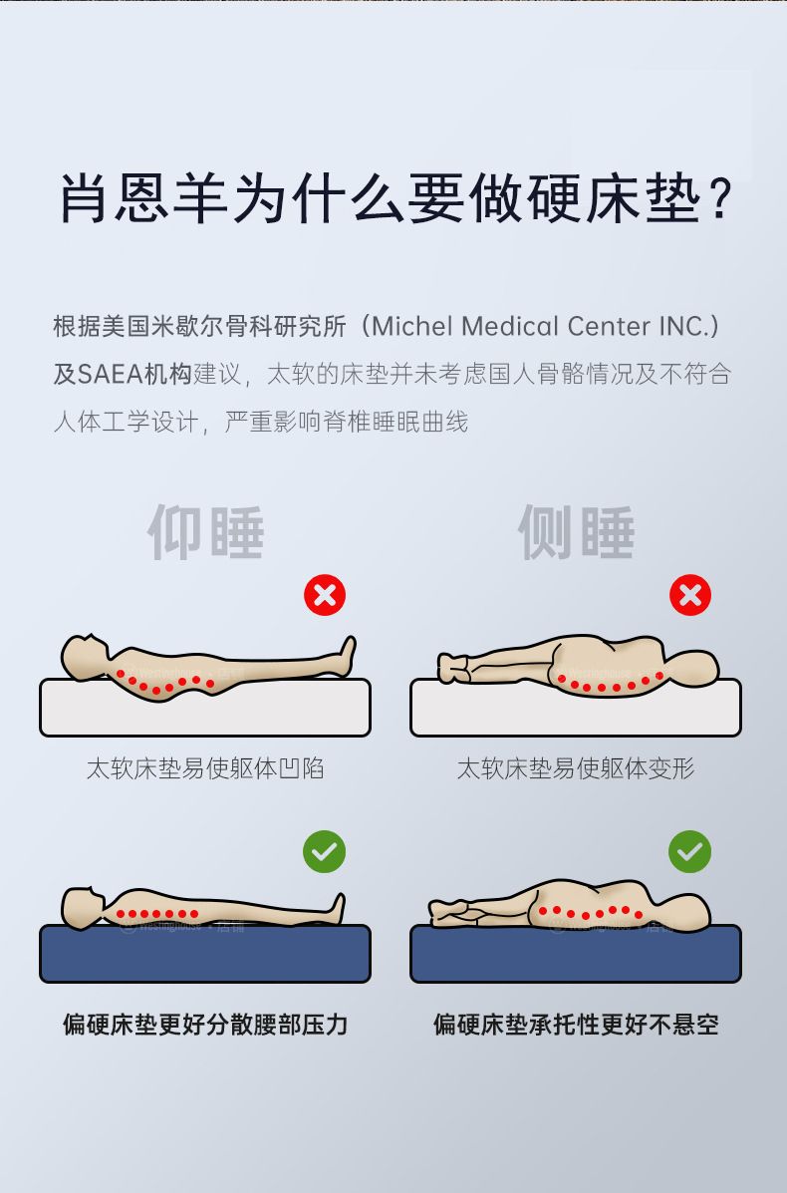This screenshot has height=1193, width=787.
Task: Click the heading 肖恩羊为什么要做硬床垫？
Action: click(395, 199)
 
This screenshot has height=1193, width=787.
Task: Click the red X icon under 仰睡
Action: click(325, 595)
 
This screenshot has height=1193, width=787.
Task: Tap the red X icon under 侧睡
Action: click(689, 595)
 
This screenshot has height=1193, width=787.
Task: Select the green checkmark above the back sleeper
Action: click(325, 851)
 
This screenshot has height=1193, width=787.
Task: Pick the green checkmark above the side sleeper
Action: click(689, 851)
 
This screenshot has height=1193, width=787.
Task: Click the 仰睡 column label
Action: click(206, 532)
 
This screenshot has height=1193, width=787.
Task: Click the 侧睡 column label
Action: click(577, 532)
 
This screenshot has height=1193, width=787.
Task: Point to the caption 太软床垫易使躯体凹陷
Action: click(205, 768)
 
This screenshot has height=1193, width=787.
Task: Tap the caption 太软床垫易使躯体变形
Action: click(576, 768)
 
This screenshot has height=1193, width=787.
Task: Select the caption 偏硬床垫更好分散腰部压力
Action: click(205, 1025)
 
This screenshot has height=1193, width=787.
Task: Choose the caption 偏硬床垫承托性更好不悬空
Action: click(576, 1025)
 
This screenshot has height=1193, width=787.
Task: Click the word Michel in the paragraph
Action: click(412, 326)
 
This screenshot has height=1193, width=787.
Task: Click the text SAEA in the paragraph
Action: click(111, 375)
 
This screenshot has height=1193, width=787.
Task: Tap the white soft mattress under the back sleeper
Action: click(205, 708)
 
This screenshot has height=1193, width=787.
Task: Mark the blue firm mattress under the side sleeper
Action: click(576, 954)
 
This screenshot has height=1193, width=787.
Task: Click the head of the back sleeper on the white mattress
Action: click(84, 656)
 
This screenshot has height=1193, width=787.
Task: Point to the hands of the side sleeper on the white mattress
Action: click(453, 668)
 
